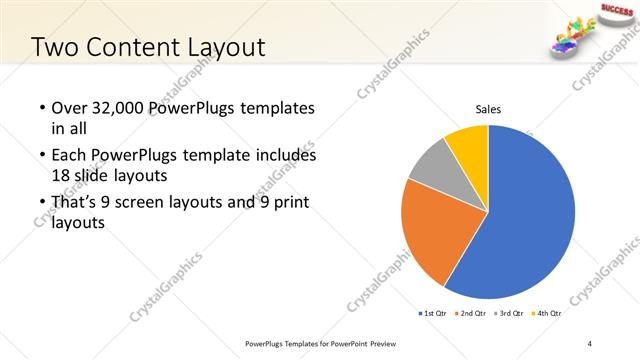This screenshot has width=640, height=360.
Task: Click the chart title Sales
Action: click(x=488, y=109)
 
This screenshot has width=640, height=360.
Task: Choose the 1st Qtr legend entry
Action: click(x=432, y=313)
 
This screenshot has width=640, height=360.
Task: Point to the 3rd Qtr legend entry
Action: click(x=508, y=313)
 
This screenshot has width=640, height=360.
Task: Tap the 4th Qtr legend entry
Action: click(x=546, y=313)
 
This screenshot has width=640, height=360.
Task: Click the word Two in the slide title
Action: click(x=52, y=47)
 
